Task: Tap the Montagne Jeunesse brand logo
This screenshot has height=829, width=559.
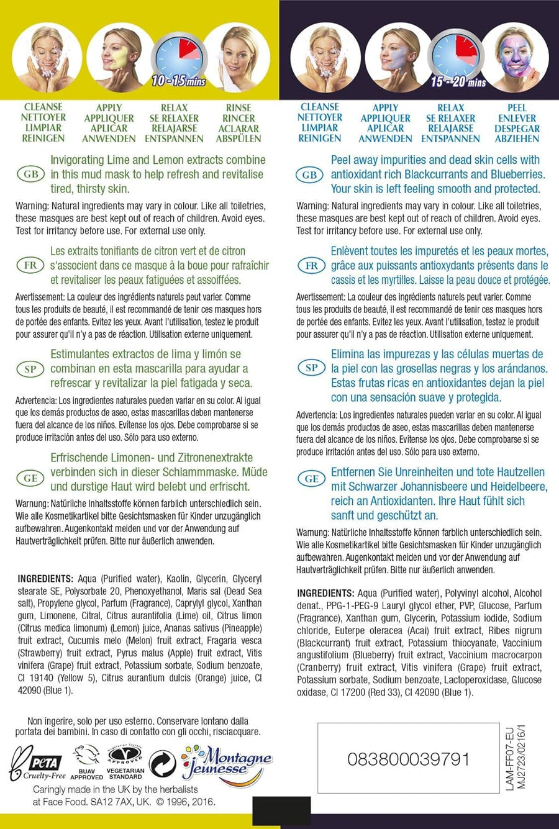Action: tap(227, 763)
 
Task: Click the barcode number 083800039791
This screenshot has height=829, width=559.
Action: tap(409, 759)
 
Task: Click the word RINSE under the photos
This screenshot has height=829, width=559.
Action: tap(239, 107)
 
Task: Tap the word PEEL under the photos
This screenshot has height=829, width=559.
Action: tap(517, 107)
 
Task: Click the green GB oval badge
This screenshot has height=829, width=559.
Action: tap(30, 174)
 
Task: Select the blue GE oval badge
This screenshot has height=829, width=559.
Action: tap(312, 479)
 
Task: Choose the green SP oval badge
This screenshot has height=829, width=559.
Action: tap(30, 369)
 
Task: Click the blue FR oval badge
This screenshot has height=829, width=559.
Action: tap(312, 266)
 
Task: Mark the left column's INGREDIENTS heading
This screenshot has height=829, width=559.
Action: tap(45, 578)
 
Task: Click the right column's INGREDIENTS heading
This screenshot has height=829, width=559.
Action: tap(325, 593)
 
